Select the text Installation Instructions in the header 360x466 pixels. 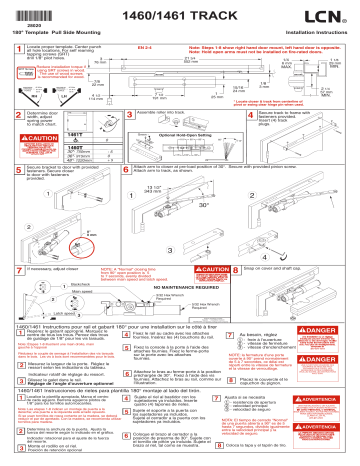click(320, 32)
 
